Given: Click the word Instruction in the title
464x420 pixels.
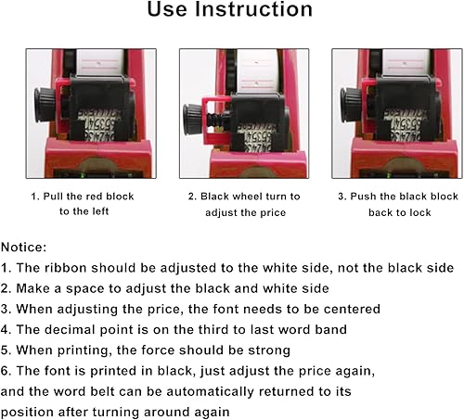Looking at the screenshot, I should click(253, 11).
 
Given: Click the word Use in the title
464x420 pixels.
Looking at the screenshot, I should click(174, 11).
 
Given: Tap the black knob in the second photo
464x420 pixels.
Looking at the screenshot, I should click(194, 118).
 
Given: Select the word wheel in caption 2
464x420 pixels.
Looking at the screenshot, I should click(238, 196).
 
